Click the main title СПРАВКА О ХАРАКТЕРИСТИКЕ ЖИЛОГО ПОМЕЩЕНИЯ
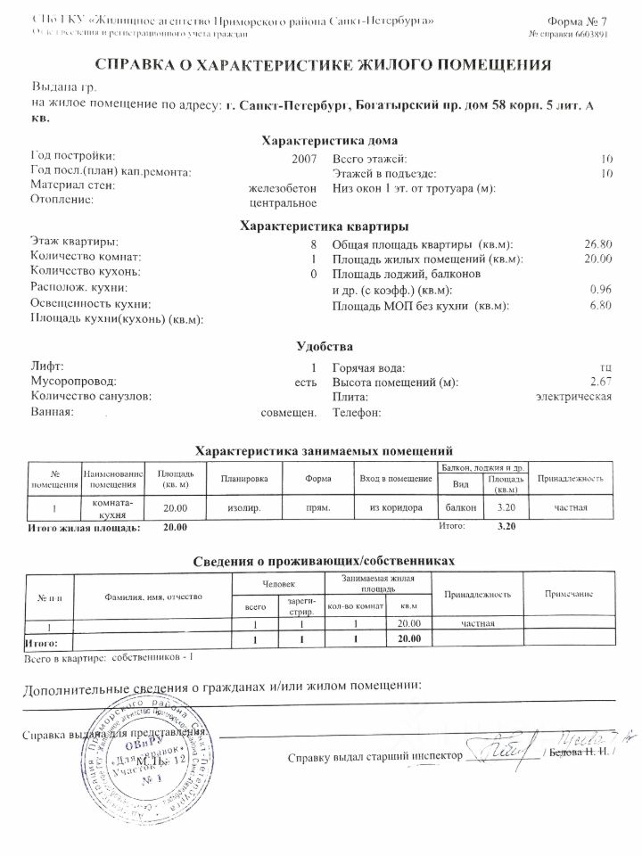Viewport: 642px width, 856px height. [x=321, y=65]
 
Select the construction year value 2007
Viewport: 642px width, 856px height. [x=304, y=157]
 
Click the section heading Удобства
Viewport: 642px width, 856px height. [x=324, y=346]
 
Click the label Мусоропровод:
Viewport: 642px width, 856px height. [x=74, y=382]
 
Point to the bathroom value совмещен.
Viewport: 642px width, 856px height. [x=288, y=413]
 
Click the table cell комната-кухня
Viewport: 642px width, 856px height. [x=113, y=508]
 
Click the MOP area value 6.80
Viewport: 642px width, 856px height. [x=600, y=306]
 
